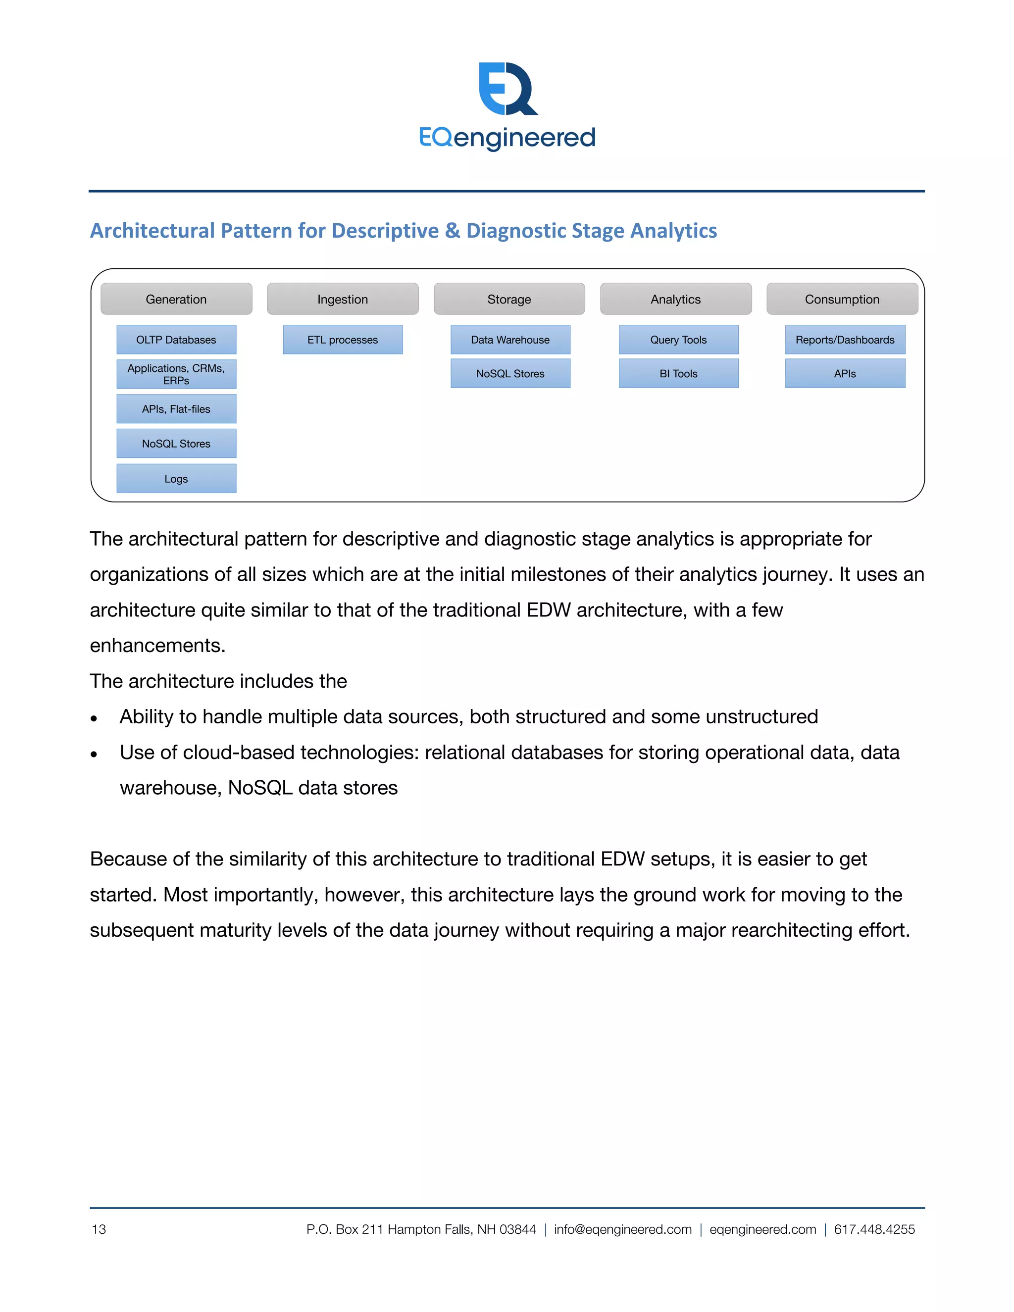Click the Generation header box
pyautogui.click(x=176, y=299)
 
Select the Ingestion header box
pyautogui.click(x=343, y=299)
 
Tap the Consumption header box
pyautogui.click(x=842, y=299)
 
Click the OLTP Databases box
pyautogui.click(x=176, y=340)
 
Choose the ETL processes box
pyautogui.click(x=343, y=340)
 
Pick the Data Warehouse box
pyautogui.click(x=510, y=340)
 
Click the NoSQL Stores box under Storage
pyautogui.click(x=510, y=373)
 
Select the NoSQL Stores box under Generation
pyautogui.click(x=176, y=443)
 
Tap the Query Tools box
pyautogui.click(x=678, y=340)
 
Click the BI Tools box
pyautogui.click(x=678, y=373)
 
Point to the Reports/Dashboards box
pyautogui.click(x=845, y=340)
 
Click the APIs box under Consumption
pyautogui.click(x=845, y=373)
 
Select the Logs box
pyautogui.click(x=176, y=478)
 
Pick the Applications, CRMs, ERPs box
pyautogui.click(x=176, y=374)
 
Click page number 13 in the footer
pyautogui.click(x=99, y=1229)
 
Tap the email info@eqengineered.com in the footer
pyautogui.click(x=622, y=1229)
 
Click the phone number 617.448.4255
pyautogui.click(x=874, y=1229)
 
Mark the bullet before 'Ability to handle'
pyautogui.click(x=94, y=718)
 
